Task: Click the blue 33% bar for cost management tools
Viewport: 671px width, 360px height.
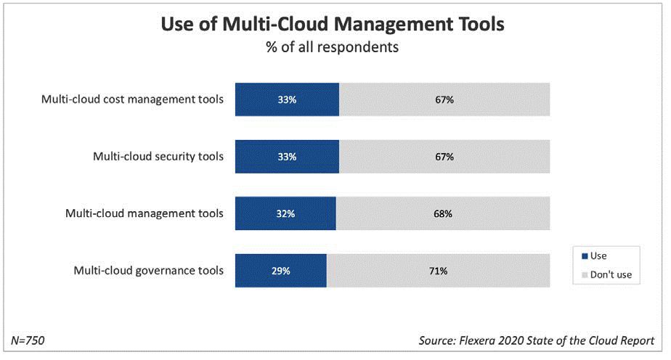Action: pyautogui.click(x=287, y=99)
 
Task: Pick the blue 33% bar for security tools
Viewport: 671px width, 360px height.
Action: pyautogui.click(x=287, y=157)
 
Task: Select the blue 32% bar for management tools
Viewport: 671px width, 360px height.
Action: pyautogui.click(x=285, y=214)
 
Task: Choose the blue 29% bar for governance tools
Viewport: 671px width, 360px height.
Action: pyautogui.click(x=281, y=271)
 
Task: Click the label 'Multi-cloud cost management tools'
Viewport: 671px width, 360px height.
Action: pyautogui.click(x=132, y=99)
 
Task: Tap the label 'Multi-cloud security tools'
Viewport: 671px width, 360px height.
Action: pyautogui.click(x=158, y=156)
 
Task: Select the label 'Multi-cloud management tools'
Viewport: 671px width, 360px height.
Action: pyautogui.click(x=145, y=213)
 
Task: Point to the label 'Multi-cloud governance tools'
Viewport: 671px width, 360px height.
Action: pyautogui.click(x=149, y=271)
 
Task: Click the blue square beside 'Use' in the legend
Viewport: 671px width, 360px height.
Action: pyautogui.click(x=585, y=256)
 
